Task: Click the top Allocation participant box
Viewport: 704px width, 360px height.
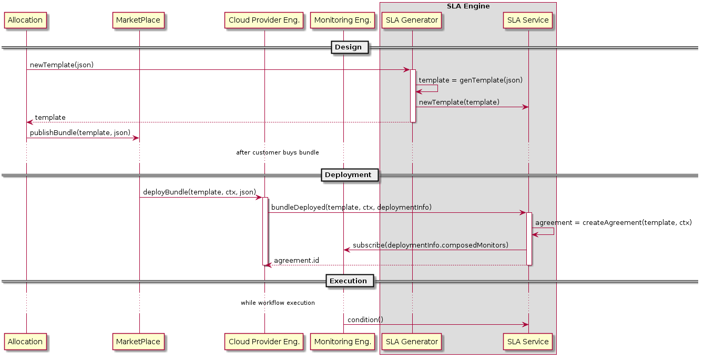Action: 25,20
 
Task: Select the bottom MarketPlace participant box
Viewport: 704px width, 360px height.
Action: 138,342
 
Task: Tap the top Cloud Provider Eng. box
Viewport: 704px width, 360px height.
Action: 263,20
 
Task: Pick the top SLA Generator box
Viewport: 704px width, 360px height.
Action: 412,20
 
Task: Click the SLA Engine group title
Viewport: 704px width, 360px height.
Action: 468,6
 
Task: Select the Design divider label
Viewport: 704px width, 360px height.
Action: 348,47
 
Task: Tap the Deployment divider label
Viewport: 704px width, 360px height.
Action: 348,174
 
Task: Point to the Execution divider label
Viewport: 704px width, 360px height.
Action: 348,281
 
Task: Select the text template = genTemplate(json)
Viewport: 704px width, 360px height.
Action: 471,80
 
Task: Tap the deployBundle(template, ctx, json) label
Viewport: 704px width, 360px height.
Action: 199,192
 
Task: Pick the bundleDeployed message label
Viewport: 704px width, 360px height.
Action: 351,208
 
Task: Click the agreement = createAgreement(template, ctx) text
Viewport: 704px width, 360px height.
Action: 613,223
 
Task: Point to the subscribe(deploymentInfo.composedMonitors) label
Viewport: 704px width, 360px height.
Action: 431,245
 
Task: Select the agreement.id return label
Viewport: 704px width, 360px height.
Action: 296,260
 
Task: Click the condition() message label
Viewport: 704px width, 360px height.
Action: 365,320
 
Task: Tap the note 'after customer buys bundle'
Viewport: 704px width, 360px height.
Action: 277,153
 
